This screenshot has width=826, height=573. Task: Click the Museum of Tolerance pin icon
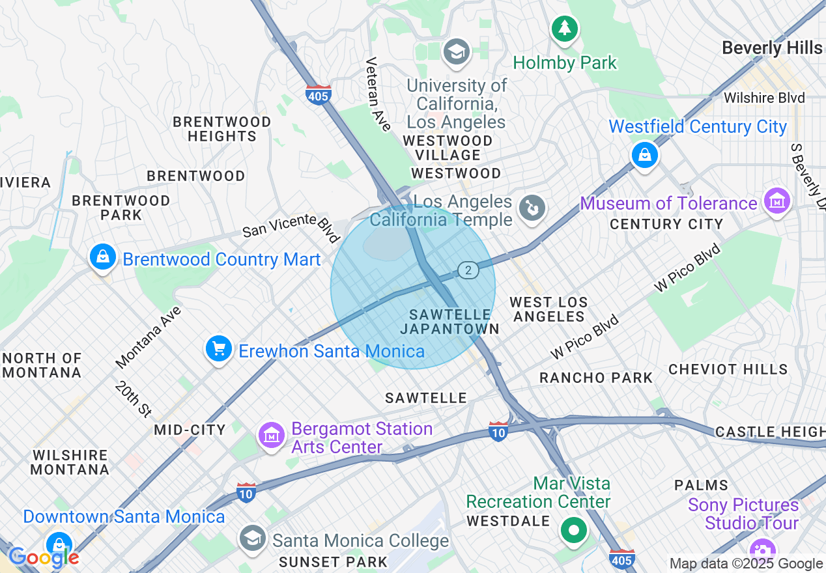pos(777,202)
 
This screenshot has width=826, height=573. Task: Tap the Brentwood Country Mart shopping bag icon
pos(103,257)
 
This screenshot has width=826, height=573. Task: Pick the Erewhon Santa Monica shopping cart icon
pos(218,350)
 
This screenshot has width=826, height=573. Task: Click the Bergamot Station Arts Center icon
pos(272,436)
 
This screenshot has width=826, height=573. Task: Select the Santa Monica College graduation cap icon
pos(252,538)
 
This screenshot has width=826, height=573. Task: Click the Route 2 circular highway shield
pos(468,270)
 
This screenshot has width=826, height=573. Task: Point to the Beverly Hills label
pos(772,48)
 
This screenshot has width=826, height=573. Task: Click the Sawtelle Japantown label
pos(449,322)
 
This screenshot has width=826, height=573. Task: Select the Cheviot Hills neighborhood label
pos(728,369)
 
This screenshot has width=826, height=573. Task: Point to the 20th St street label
pos(134,398)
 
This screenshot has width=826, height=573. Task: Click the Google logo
pos(43,557)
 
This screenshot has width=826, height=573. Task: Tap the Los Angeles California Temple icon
pos(532,208)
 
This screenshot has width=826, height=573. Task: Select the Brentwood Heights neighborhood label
pos(221,129)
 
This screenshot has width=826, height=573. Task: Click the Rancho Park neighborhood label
pos(595,378)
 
